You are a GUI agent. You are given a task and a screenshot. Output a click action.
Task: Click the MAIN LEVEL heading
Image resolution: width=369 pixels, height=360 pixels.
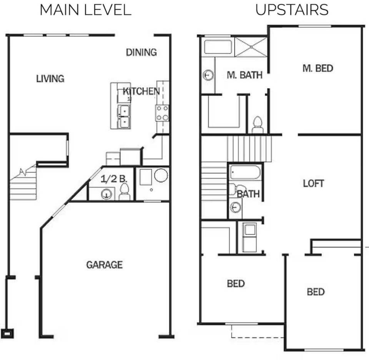85,10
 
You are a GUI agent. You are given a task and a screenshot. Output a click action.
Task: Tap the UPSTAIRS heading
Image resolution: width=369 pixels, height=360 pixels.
292,10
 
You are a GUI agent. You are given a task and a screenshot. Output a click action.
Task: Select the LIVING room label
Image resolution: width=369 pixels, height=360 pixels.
50,79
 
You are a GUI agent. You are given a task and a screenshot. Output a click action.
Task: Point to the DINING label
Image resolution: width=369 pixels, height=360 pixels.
141,52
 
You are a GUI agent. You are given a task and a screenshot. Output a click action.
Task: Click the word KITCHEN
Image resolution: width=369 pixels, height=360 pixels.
141,91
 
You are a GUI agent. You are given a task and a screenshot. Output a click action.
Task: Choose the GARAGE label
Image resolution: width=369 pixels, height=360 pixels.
104,265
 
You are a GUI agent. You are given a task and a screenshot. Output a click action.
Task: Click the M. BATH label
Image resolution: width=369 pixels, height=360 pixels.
244,75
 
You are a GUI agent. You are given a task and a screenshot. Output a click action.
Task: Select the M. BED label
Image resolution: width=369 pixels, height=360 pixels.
317,68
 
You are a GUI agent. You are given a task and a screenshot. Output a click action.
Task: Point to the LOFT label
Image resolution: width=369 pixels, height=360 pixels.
313,183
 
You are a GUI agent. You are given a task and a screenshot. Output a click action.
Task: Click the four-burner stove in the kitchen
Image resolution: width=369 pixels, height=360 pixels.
162,113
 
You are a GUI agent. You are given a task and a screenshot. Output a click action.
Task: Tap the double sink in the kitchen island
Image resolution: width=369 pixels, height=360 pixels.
124,117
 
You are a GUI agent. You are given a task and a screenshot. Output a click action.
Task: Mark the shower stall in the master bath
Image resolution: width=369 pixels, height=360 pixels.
250,47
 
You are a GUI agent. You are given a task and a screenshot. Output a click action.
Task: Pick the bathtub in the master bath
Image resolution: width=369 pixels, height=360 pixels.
218,47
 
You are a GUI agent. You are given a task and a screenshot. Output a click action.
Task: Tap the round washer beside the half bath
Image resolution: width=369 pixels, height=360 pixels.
161,175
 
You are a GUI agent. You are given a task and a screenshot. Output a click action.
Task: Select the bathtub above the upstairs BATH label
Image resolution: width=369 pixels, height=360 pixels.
245,172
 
